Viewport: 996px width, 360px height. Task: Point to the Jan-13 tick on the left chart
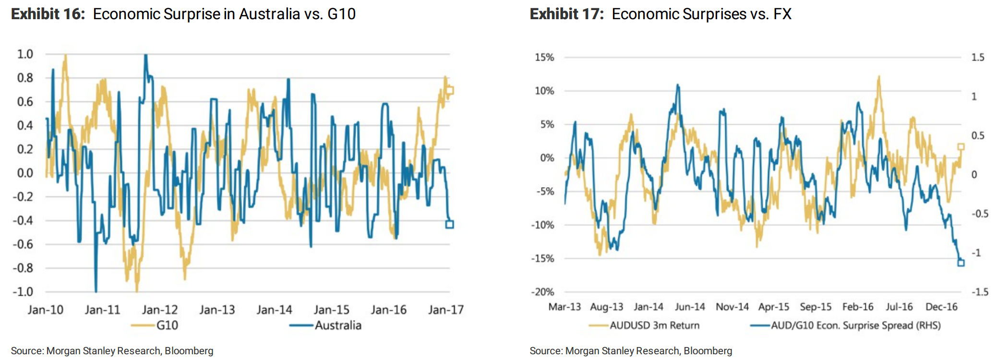[217, 310]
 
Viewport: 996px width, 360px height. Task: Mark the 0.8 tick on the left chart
[25, 78]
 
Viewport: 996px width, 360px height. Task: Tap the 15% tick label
[544, 58]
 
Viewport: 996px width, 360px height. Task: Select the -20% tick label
[542, 292]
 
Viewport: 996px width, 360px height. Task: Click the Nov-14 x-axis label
[732, 307]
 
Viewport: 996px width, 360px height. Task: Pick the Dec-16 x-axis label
[941, 307]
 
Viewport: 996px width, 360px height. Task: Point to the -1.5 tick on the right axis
[980, 292]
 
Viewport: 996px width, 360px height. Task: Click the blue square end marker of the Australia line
[450, 224]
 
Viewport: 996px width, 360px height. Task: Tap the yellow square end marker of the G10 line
[450, 90]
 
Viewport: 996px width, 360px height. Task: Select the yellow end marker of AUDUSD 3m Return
[961, 147]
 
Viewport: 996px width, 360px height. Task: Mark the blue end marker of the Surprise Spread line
[961, 263]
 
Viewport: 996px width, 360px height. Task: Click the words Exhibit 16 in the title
[48, 14]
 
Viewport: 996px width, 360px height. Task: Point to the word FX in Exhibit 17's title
[782, 14]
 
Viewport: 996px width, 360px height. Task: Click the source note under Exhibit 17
[631, 351]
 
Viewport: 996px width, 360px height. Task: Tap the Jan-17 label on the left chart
[446, 310]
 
